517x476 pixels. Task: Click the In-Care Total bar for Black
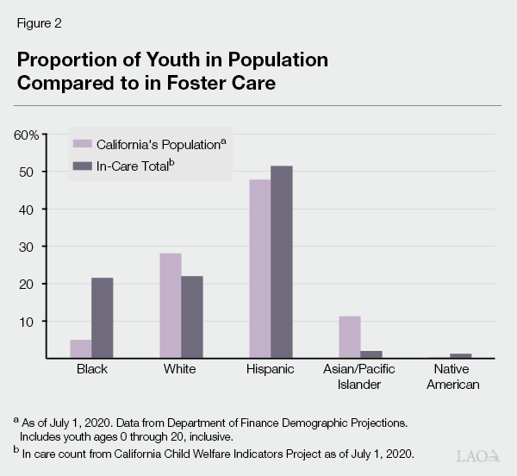tap(103, 317)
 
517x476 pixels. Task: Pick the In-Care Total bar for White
tap(191, 316)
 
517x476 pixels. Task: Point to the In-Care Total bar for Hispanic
tap(281, 262)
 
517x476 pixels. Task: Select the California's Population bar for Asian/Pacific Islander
tap(349, 336)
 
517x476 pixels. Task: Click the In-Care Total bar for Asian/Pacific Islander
tap(371, 354)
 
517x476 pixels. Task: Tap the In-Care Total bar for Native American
tap(460, 355)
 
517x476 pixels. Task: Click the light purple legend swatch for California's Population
tap(83, 143)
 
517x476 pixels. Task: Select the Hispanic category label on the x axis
tap(271, 370)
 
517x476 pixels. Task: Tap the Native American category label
tap(449, 377)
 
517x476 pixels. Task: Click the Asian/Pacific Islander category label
tap(360, 377)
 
